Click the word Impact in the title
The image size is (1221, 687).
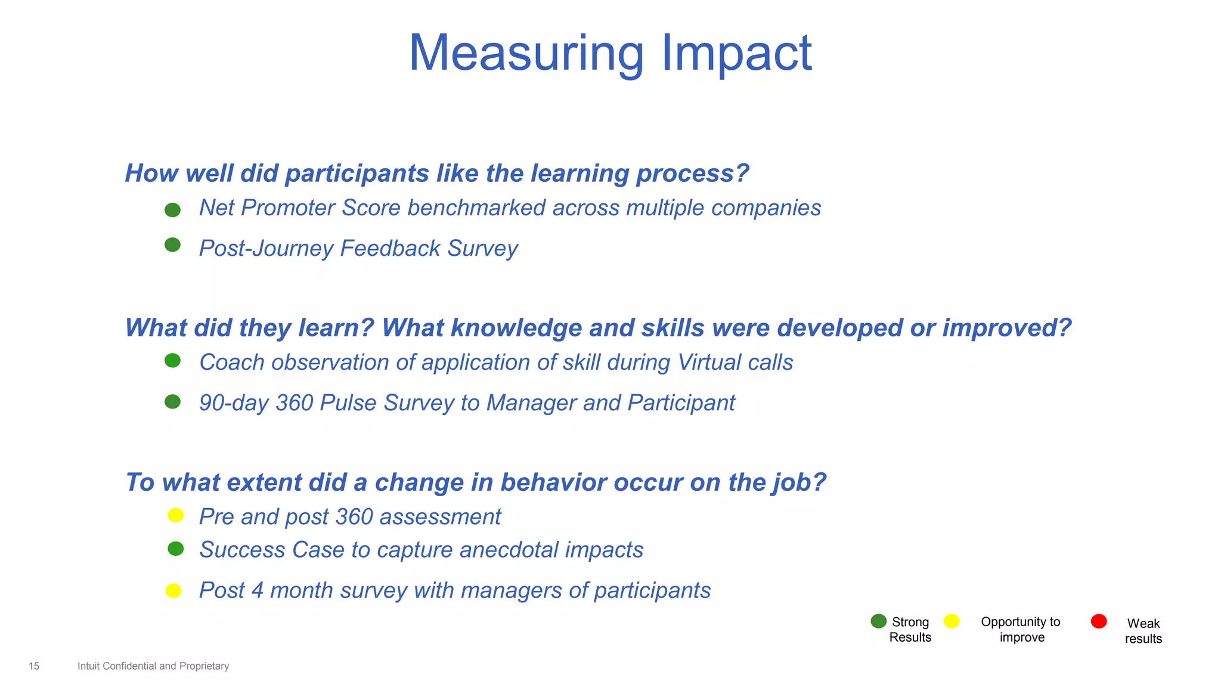click(x=736, y=54)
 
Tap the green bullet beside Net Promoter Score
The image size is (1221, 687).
click(x=172, y=210)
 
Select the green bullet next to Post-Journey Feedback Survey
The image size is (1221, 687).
click(x=172, y=245)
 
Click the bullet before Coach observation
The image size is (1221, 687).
click(x=172, y=361)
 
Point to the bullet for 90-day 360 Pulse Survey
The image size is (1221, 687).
click(x=172, y=402)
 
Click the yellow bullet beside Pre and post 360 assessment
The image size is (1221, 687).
click(x=175, y=515)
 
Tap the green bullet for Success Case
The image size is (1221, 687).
click(x=175, y=549)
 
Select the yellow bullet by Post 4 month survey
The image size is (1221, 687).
click(x=173, y=591)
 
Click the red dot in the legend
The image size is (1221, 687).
click(x=1099, y=621)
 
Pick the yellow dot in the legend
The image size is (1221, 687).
click(x=952, y=621)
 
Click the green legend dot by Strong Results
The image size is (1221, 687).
click(x=878, y=621)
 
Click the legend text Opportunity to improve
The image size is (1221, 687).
click(x=1021, y=629)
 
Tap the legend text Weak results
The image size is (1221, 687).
click(x=1143, y=631)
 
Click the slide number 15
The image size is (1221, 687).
click(x=34, y=666)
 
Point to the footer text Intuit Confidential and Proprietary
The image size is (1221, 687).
click(x=153, y=666)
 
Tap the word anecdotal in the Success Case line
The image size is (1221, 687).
click(x=509, y=550)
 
